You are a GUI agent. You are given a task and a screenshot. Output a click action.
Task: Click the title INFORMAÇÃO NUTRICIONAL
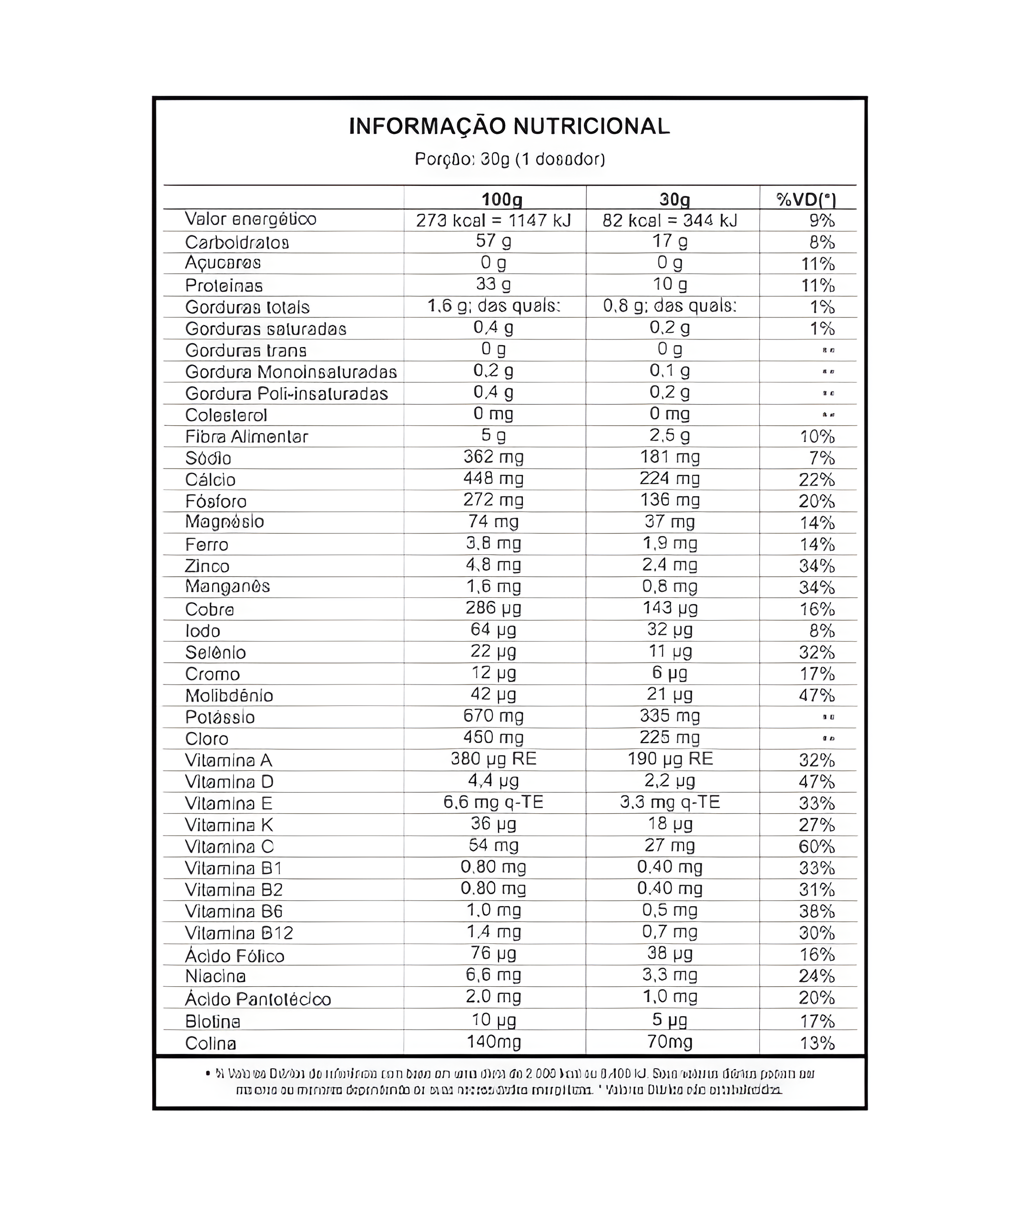coord(510,126)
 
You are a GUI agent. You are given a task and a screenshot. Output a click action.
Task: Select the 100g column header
coord(502,200)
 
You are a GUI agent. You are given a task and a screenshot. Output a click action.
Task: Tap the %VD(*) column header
coord(806,200)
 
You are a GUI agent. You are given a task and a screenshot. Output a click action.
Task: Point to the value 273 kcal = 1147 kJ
coord(494,220)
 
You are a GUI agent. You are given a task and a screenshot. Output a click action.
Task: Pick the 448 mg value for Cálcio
coord(493,479)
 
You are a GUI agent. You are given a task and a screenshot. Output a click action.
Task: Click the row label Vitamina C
coord(229,847)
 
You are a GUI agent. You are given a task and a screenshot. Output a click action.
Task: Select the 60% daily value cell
coord(816,847)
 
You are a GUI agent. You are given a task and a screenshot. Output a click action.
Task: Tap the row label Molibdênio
coord(229,695)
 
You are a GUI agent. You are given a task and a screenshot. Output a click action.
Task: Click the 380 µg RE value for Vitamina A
coord(494,759)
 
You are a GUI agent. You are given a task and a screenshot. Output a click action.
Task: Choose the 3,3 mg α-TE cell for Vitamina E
coord(670,803)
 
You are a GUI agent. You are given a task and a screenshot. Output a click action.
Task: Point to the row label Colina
coord(211,1043)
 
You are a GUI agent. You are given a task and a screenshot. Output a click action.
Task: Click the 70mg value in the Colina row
coord(670,1042)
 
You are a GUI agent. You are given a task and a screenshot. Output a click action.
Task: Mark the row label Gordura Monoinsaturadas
coord(291,372)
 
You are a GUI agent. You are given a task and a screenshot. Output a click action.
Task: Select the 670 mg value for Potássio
coord(493,716)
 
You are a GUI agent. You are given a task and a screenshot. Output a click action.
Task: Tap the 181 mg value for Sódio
coord(670,458)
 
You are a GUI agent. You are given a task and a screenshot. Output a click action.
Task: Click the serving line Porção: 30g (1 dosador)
coord(510,159)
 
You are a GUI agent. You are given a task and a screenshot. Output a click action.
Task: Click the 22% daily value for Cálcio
coord(816,480)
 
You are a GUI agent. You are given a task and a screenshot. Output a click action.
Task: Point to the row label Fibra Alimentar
coord(246,437)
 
